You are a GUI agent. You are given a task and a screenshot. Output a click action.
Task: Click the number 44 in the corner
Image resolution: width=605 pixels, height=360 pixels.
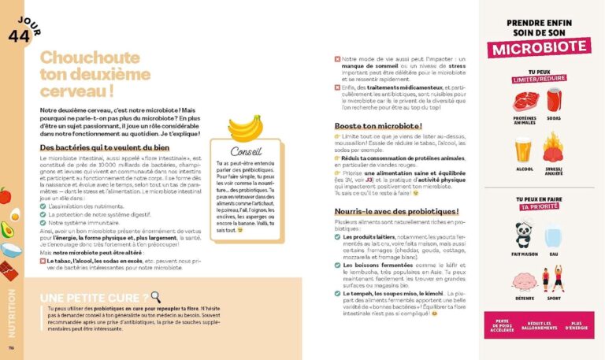pos(18,35)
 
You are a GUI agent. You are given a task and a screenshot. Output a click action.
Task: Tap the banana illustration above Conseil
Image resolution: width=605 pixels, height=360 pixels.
pos(244,128)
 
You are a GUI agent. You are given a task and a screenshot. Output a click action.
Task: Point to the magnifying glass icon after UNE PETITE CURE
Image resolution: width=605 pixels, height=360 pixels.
pos(156,297)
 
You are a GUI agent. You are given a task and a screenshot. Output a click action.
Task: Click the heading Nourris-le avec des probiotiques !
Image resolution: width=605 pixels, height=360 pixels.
pos(396,212)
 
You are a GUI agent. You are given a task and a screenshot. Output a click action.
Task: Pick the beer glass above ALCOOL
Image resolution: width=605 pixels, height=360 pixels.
pos(523,150)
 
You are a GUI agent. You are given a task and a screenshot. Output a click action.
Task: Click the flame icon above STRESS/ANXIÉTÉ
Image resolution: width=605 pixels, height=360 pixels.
pos(555,148)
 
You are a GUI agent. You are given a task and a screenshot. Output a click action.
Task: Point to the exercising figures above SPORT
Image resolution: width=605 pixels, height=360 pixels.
pos(555,280)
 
